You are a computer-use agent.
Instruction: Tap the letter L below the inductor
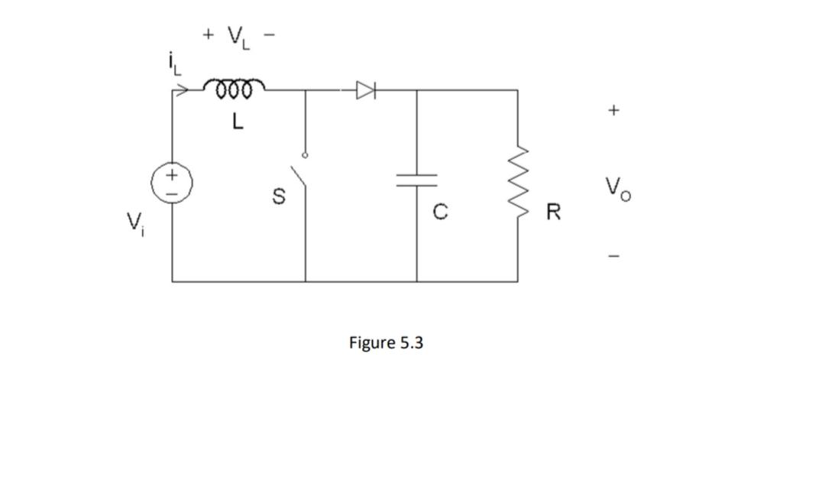[x=238, y=122]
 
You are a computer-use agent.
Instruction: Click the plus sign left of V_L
[x=208, y=34]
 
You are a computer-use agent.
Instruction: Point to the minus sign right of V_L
[x=267, y=34]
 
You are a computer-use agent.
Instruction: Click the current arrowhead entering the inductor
[x=181, y=91]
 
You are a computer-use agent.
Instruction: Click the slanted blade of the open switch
[x=301, y=175]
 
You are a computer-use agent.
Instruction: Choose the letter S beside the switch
[x=280, y=197]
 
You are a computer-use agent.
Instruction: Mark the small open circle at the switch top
[x=306, y=155]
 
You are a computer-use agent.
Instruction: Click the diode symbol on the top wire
[x=367, y=91]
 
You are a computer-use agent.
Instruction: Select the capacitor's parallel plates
[x=416, y=180]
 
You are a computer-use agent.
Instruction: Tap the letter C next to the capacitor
[x=440, y=211]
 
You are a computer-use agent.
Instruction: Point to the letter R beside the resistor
[x=554, y=212]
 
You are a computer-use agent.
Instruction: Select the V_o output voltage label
[x=617, y=188]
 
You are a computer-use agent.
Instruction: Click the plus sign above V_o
[x=613, y=111]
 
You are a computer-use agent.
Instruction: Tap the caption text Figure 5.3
[x=386, y=343]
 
